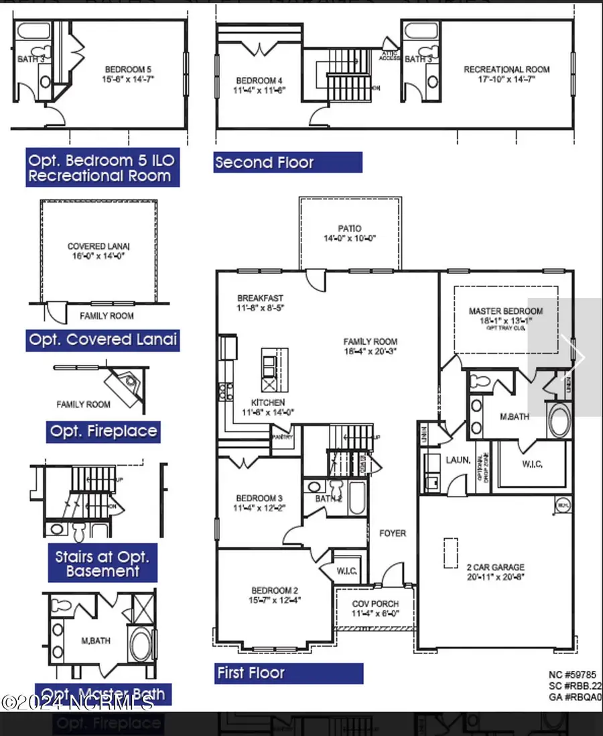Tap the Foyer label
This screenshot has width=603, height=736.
tap(393, 533)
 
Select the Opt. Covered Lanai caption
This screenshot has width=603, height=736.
tap(103, 339)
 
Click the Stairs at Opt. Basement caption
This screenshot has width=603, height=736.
tap(103, 564)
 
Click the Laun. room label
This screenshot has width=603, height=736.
tap(457, 460)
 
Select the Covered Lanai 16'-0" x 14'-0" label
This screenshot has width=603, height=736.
tap(96, 251)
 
